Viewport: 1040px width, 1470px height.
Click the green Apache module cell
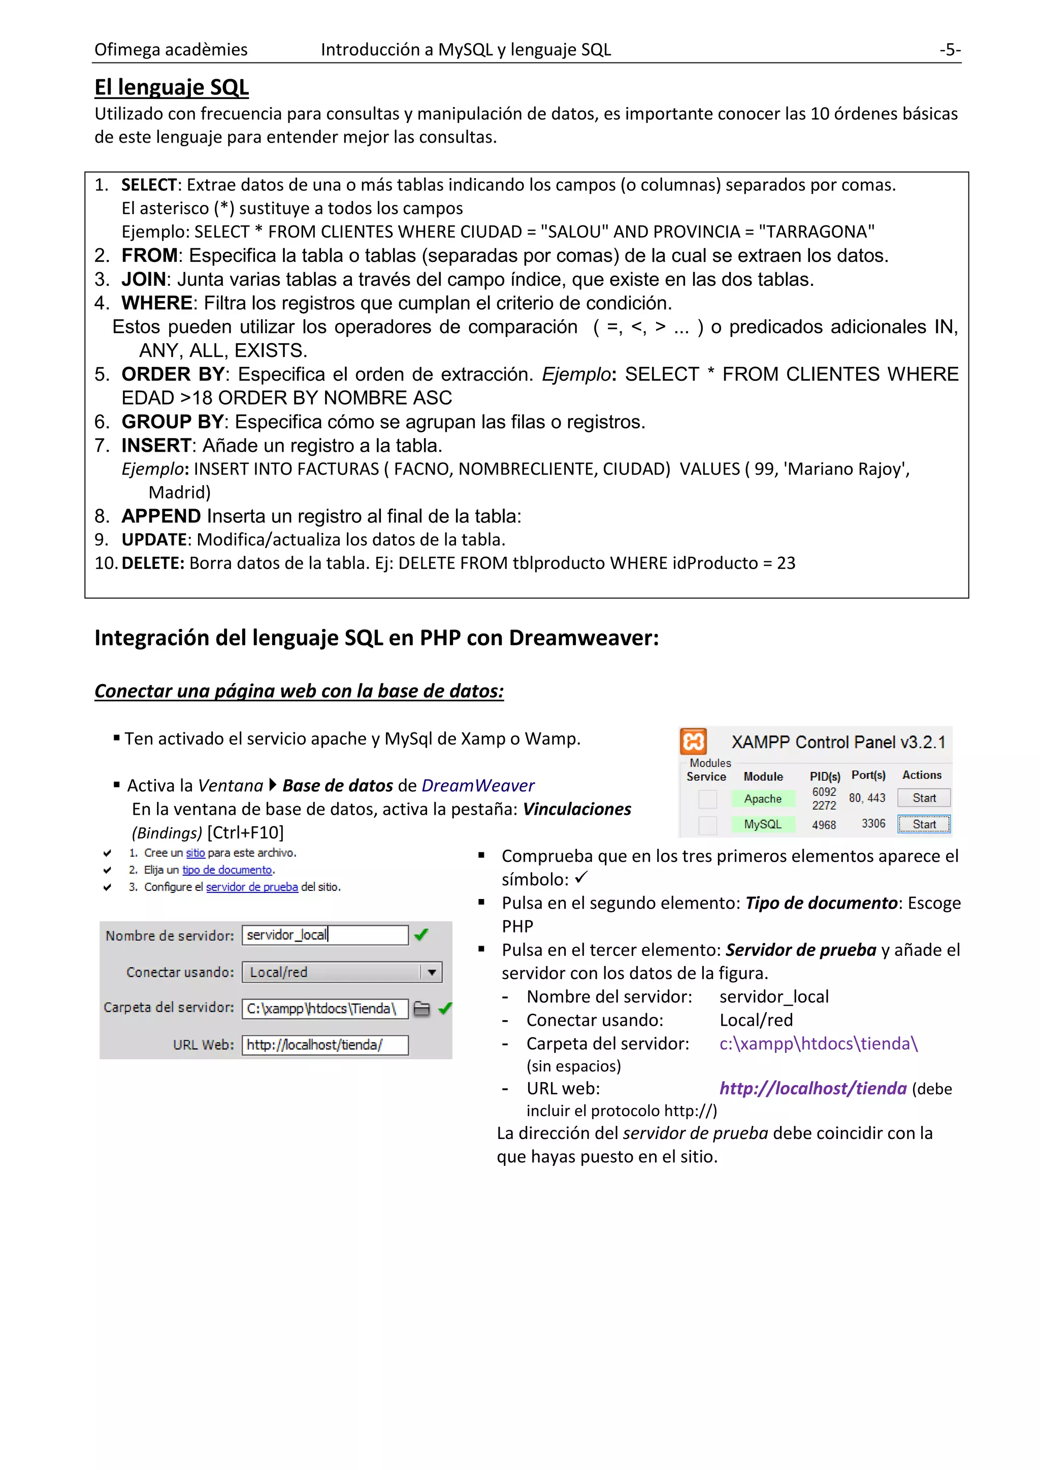coord(763,798)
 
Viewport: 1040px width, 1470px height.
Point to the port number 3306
coord(873,823)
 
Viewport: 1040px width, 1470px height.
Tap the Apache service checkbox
coord(707,799)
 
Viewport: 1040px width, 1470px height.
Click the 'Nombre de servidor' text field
coord(324,935)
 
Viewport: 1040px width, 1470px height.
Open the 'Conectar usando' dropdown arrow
coord(432,972)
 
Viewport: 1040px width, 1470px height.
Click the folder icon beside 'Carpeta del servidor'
coord(421,1009)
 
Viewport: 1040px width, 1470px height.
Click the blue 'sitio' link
coord(196,853)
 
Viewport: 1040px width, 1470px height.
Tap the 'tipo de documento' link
coord(226,870)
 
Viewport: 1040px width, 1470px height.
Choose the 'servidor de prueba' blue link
coord(252,887)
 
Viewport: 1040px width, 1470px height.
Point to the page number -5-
coord(950,49)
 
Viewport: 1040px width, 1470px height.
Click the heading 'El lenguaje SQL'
coord(172,87)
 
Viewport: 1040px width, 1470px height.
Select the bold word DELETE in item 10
coord(152,563)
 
